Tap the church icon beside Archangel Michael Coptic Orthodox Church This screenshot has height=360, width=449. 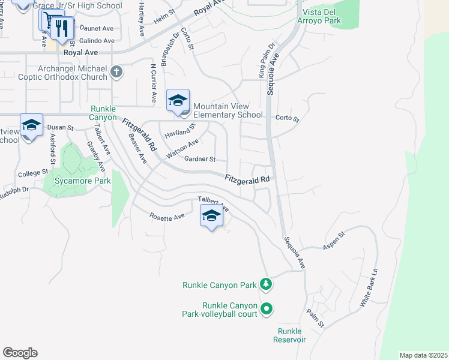pyautogui.click(x=116, y=73)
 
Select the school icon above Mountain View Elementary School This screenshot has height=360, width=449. pyautogui.click(x=178, y=101)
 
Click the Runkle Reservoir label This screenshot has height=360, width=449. pyautogui.click(x=292, y=335)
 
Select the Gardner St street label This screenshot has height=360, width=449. pyautogui.click(x=200, y=159)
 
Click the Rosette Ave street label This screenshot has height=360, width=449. pyautogui.click(x=167, y=217)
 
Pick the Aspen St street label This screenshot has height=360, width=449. pyautogui.click(x=334, y=238)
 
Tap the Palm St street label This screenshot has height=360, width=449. pyautogui.click(x=315, y=318)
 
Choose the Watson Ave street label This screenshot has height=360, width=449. pyautogui.click(x=182, y=149)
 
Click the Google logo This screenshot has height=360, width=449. pyautogui.click(x=20, y=353)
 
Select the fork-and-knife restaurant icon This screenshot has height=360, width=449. pyautogui.click(x=62, y=28)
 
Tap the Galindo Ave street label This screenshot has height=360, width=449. pyautogui.click(x=97, y=41)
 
